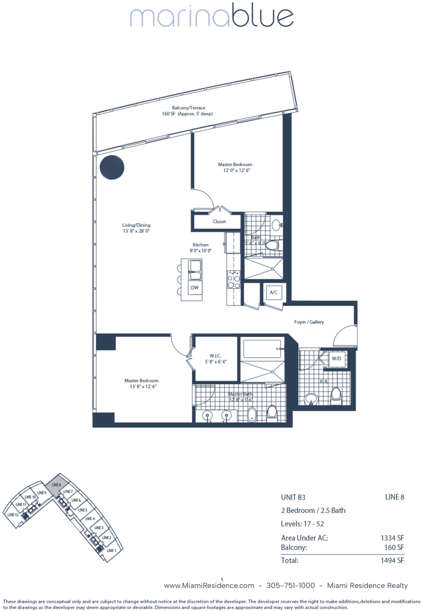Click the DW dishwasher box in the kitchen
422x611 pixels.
coord(195,287)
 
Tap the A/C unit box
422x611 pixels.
coord(273,292)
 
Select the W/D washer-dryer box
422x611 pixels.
coord(336,359)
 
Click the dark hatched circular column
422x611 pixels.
coord(112,167)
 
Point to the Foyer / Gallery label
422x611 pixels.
coord(309,322)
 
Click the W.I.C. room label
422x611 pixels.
coord(215,356)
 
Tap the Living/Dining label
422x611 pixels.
coord(136,225)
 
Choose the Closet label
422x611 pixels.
coord(219,221)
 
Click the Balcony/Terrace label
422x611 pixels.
coord(188,108)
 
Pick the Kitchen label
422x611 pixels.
coord(201,244)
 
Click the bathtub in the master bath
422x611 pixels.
coord(262,349)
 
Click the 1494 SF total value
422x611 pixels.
coord(392,560)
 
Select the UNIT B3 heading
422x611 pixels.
coord(293,497)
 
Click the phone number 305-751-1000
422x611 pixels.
coord(291,585)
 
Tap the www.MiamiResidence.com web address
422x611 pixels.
coord(209,585)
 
